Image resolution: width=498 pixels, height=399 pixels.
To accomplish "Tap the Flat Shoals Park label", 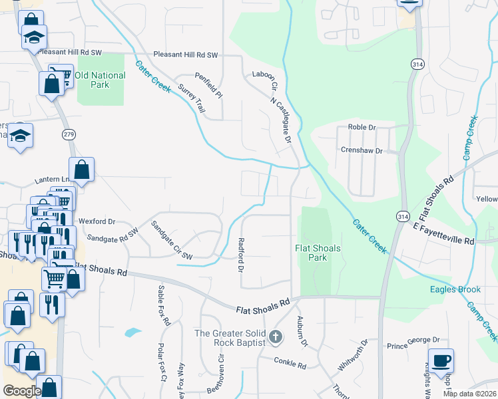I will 318,253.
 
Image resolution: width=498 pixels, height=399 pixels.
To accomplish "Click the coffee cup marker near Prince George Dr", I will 441,361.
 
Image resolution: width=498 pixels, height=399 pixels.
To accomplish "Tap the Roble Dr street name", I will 362,127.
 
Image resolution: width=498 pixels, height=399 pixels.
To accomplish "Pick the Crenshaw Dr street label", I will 362,151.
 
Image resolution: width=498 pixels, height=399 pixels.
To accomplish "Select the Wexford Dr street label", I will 97,221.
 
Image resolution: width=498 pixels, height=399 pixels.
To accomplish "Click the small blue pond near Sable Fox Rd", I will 132,331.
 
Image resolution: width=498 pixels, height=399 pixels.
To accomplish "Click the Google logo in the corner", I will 21,391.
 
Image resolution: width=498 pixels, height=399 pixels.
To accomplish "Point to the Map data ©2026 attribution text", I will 469,394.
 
